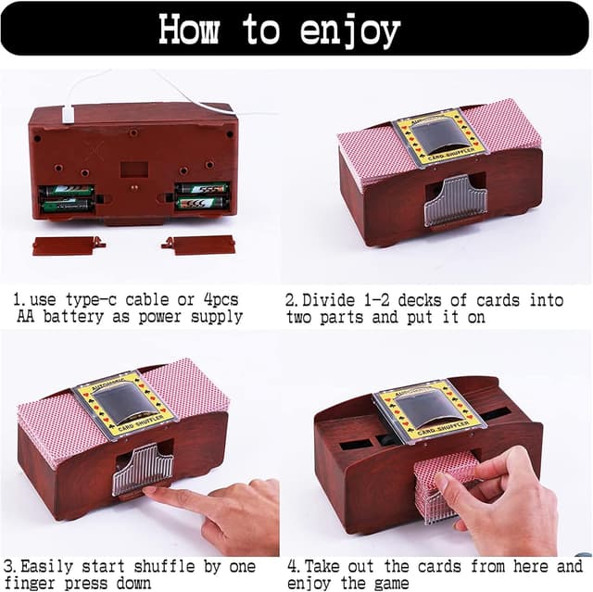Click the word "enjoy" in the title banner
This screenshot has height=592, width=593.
tap(350, 31)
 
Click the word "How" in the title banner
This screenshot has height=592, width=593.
tap(189, 29)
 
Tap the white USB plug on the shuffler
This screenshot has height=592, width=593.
tap(68, 115)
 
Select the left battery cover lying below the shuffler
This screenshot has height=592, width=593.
tap(69, 246)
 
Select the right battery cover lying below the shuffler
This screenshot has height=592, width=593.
tap(198, 245)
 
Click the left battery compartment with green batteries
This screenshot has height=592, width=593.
tap(67, 199)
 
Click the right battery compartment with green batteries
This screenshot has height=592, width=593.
tap(202, 196)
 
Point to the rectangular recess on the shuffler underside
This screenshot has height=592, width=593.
tap(133, 170)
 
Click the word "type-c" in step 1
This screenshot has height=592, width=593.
tap(91, 300)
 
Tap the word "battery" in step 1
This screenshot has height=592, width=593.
tap(73, 317)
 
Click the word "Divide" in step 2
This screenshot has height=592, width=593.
tap(329, 300)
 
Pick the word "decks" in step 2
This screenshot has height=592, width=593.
tap(420, 300)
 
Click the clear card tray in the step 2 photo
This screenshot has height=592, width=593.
tap(455, 201)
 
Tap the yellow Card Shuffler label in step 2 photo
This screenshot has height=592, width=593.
tap(438, 138)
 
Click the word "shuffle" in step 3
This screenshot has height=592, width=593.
tap(165, 567)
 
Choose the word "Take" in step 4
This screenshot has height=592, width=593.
tap(322, 567)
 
